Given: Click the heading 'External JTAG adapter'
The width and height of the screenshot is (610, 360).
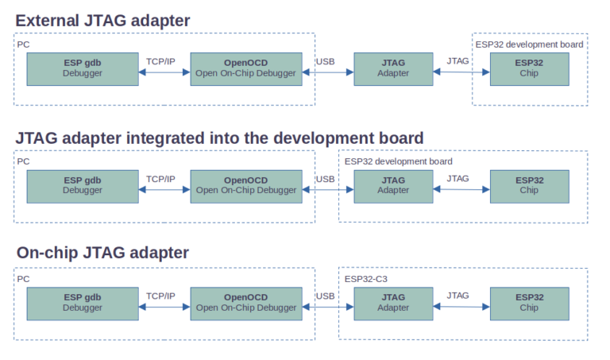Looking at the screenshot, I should [x=103, y=21].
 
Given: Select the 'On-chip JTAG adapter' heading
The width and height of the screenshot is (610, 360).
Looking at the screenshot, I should [x=103, y=253].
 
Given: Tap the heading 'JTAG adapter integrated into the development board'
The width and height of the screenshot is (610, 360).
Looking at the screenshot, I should [x=219, y=137].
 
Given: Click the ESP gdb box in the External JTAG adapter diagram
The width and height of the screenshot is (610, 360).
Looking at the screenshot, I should [x=83, y=68].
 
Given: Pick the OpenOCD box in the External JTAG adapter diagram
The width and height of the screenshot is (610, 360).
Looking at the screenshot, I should [x=246, y=68].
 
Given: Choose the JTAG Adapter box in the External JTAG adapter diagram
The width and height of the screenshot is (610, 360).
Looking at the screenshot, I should [x=393, y=68].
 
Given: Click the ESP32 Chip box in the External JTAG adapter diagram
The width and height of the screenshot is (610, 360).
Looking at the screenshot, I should [x=529, y=68].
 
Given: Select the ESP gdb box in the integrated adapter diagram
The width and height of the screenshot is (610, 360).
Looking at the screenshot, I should [x=83, y=186].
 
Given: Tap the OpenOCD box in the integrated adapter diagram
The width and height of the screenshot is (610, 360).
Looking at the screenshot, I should [x=246, y=186].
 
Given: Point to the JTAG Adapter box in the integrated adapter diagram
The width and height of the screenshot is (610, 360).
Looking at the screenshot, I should [x=393, y=186].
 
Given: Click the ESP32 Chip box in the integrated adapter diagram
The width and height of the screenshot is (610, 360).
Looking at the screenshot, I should [x=529, y=186].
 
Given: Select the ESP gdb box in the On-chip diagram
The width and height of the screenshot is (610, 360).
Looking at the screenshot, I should [x=83, y=303].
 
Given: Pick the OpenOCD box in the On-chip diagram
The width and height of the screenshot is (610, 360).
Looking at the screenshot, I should [x=246, y=303].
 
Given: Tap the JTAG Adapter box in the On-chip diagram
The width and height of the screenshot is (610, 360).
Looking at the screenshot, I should [x=393, y=303].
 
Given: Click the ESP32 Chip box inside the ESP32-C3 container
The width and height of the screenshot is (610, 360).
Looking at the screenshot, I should [x=529, y=303].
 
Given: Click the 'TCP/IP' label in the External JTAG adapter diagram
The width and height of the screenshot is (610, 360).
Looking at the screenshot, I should [x=161, y=61].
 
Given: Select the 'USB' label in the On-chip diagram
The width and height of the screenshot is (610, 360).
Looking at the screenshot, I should [x=325, y=296].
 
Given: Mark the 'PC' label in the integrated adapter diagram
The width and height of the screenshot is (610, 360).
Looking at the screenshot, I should [x=23, y=161].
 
